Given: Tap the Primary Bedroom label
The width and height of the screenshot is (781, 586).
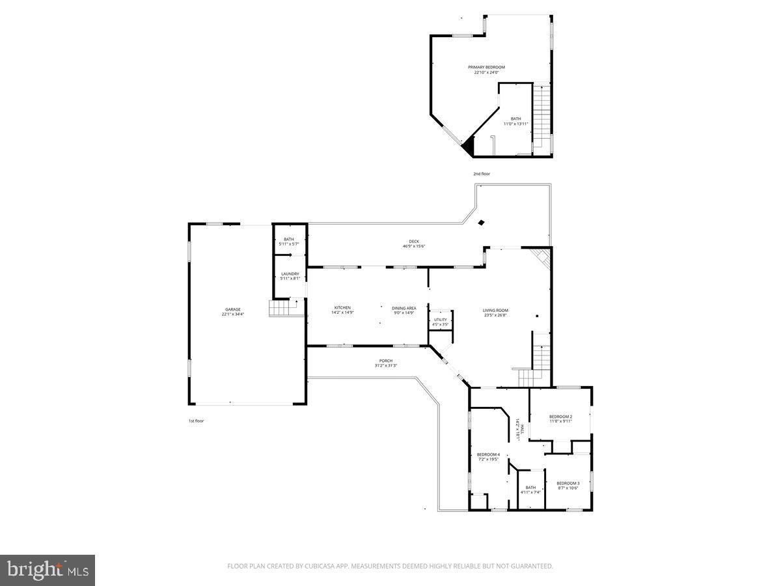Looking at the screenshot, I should [x=486, y=67].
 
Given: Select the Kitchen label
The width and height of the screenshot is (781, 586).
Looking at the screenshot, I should [x=342, y=307].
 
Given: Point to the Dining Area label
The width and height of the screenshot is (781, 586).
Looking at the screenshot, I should [x=404, y=307].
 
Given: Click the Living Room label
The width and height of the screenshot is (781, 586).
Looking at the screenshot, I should [x=495, y=310].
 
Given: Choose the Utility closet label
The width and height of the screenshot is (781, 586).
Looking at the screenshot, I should [x=441, y=320].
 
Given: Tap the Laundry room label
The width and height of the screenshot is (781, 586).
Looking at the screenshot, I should [x=290, y=273].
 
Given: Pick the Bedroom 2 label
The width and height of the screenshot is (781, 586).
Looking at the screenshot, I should [x=560, y=416].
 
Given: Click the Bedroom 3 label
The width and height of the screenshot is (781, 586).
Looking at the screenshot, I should [x=568, y=482].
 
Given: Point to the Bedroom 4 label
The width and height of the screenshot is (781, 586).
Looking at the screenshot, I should [x=488, y=454].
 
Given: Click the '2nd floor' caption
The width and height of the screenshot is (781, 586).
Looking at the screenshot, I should [x=482, y=174].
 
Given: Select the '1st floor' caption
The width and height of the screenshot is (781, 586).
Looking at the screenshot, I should [x=196, y=421].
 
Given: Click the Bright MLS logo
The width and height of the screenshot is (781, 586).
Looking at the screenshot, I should [x=48, y=570].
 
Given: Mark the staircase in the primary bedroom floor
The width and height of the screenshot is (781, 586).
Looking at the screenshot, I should [x=541, y=117].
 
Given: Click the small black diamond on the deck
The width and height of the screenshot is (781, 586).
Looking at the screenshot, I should [x=481, y=223].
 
